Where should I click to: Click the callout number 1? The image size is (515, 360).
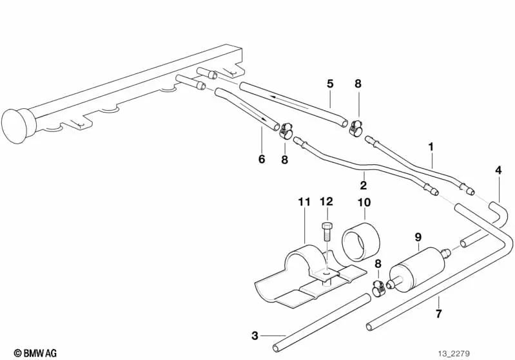pos(431,147)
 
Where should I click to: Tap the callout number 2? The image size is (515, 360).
pos(363,185)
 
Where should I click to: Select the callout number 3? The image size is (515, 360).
pos(255,335)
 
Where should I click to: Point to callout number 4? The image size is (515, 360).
pos(498,170)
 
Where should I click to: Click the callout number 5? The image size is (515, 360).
pos(330,83)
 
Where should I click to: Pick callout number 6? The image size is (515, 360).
pos(262,159)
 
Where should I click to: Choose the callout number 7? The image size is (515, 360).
pos(438,315)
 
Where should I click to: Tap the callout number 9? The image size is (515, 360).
pos(417,236)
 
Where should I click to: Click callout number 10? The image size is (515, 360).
pos(364,202)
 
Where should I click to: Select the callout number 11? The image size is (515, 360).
pos(304,202)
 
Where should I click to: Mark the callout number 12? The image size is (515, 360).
pos(327,202)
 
